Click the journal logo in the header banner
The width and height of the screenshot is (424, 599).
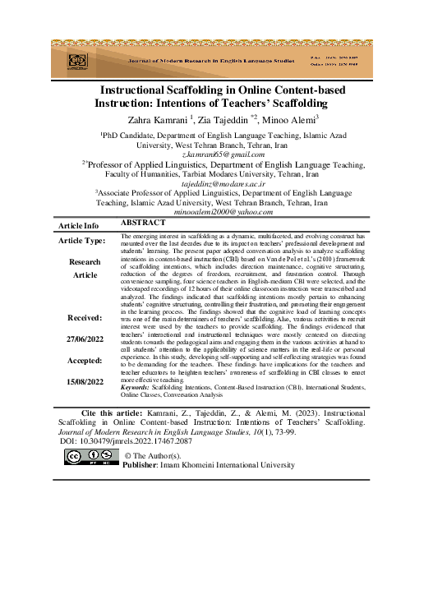pyautogui.click(x=76, y=61)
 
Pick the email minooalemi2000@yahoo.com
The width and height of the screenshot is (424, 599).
pyautogui.click(x=212, y=211)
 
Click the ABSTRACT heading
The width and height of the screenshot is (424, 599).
pyautogui.click(x=144, y=223)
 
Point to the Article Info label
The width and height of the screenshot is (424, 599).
pyautogui.click(x=79, y=225)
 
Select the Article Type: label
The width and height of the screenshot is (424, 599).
pyautogui.click(x=81, y=241)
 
